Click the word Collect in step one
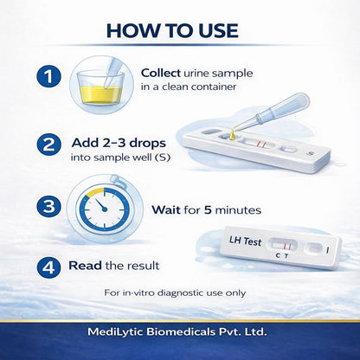(163, 74)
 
